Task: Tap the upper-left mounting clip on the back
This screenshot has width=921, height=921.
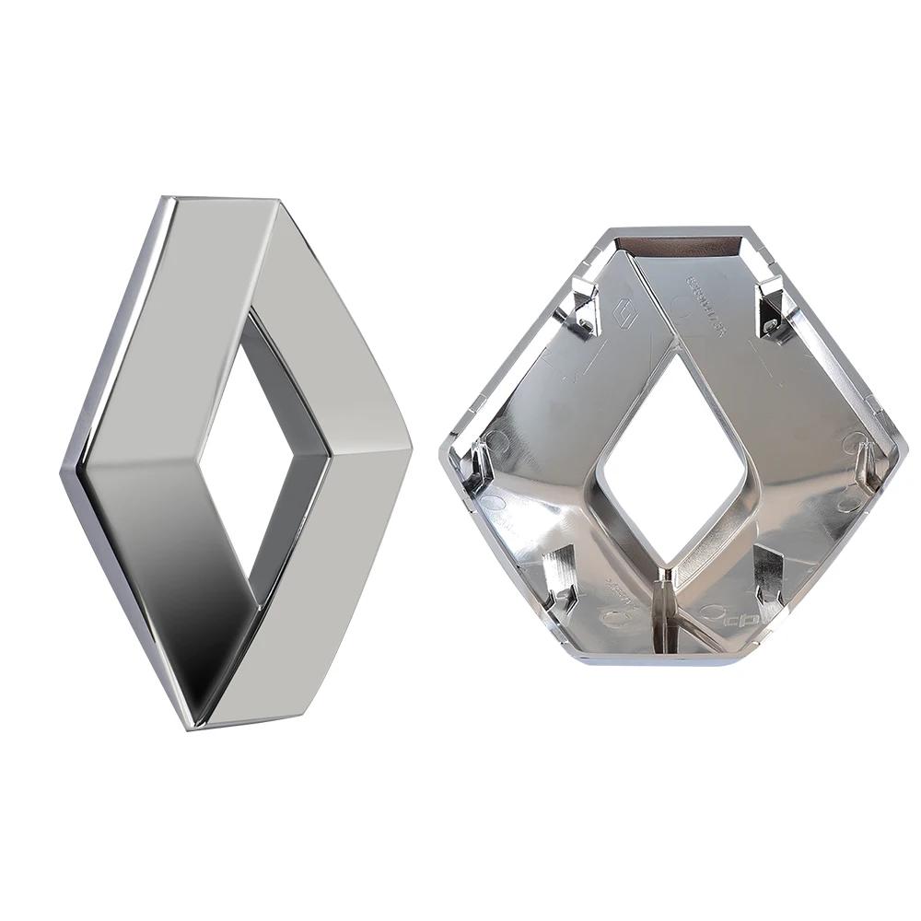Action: (x=582, y=304)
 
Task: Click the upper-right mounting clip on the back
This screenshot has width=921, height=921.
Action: (x=769, y=309)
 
